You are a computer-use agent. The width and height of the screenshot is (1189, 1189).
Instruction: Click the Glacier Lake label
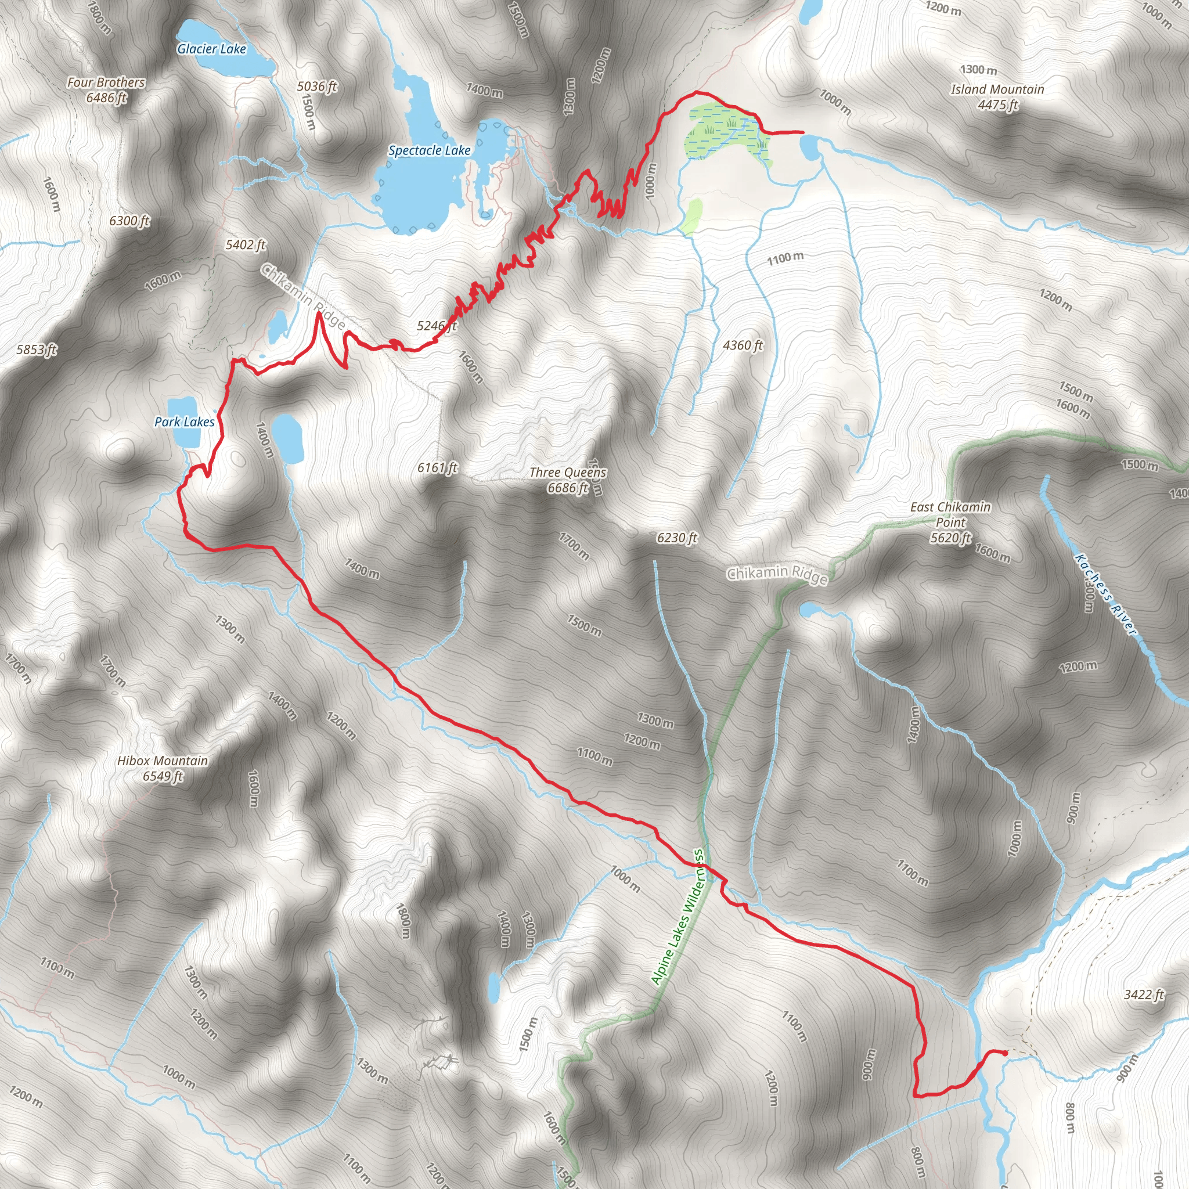211,49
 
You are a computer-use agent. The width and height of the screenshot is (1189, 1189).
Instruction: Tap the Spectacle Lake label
429,150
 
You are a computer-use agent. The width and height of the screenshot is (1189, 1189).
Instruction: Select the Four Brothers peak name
106,82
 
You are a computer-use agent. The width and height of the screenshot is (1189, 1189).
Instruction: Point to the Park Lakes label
184,421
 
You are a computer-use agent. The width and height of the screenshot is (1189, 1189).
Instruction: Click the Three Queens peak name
567,473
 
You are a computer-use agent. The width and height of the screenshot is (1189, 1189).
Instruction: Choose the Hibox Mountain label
163,761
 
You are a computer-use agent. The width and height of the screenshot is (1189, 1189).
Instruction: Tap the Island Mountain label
997,90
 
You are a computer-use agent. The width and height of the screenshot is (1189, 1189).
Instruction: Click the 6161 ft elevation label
437,468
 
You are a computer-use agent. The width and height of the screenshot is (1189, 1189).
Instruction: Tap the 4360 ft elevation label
742,345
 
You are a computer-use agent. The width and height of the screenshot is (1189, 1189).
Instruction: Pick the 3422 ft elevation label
1144,995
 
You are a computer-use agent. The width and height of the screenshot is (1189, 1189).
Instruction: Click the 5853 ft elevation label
37,350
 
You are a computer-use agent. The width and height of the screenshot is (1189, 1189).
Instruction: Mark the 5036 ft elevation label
317,86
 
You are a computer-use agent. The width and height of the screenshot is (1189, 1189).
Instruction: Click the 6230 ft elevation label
677,538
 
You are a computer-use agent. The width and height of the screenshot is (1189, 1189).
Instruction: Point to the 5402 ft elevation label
245,245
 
